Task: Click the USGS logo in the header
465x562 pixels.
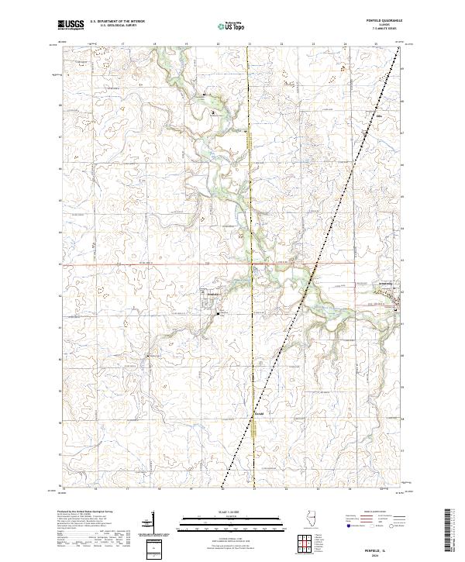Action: [x=71, y=25]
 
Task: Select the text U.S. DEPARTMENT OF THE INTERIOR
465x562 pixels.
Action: [x=117, y=22]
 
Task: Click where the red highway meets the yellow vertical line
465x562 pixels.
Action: [x=250, y=264]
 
